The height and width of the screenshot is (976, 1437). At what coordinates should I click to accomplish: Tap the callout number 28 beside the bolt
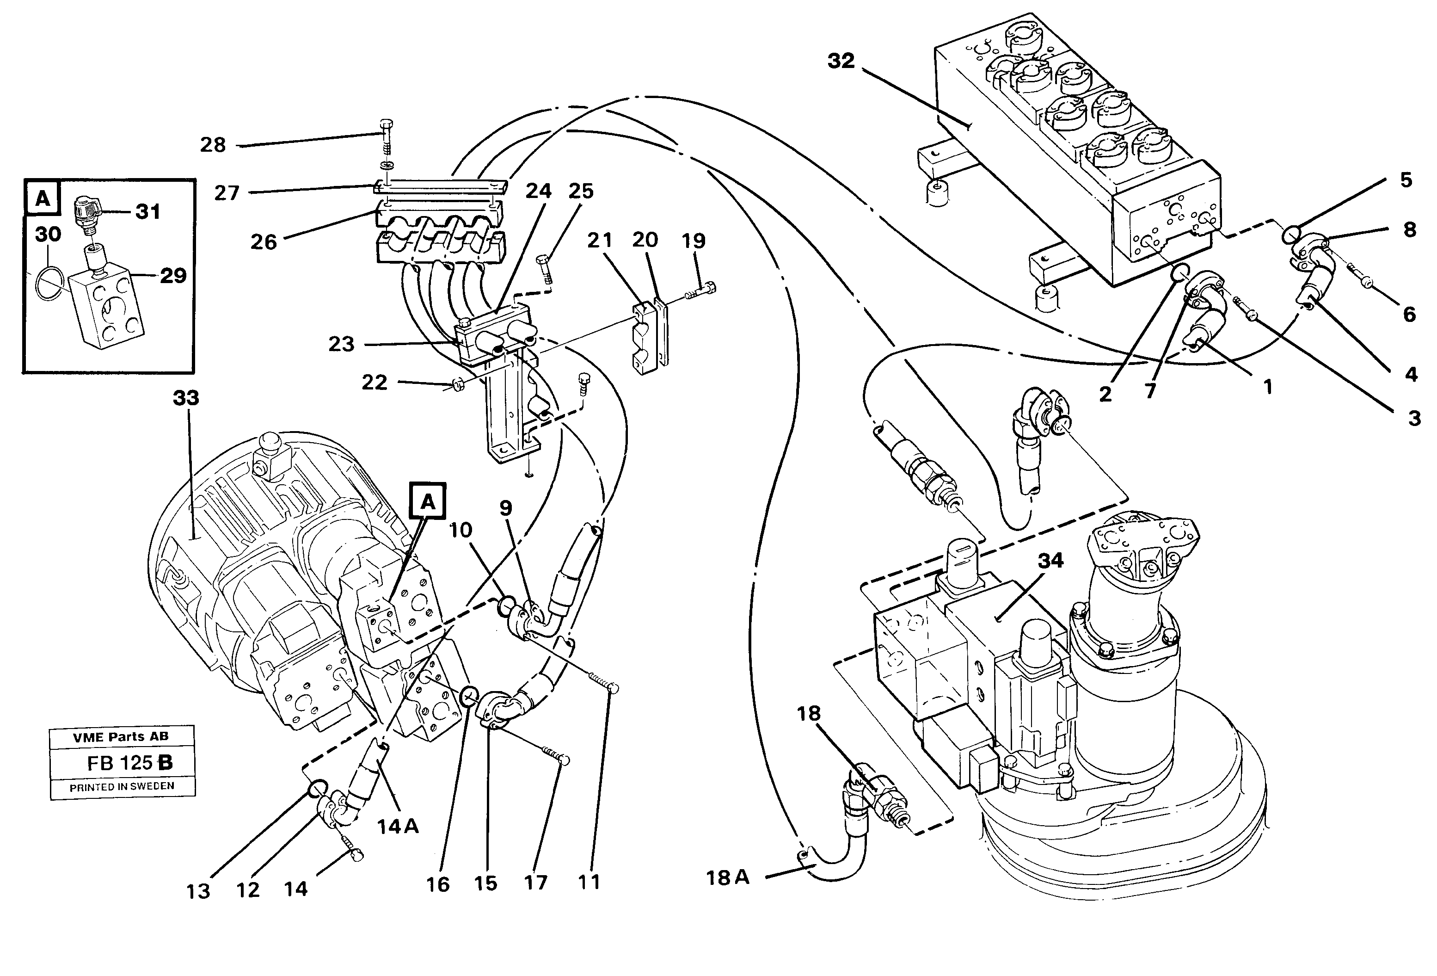click(x=213, y=145)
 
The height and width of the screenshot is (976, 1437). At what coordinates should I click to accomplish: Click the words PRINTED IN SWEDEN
click(x=122, y=787)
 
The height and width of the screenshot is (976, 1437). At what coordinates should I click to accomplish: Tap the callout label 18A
click(x=727, y=877)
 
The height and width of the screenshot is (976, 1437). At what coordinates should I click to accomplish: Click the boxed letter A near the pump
click(x=428, y=501)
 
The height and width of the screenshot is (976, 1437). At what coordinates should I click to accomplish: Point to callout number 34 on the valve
click(x=1050, y=560)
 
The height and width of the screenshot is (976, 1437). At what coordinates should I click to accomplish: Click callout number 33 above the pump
click(x=185, y=398)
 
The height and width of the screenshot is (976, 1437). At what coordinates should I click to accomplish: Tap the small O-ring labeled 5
click(x=1290, y=235)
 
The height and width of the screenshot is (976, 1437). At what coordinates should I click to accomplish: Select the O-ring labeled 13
click(x=316, y=787)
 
